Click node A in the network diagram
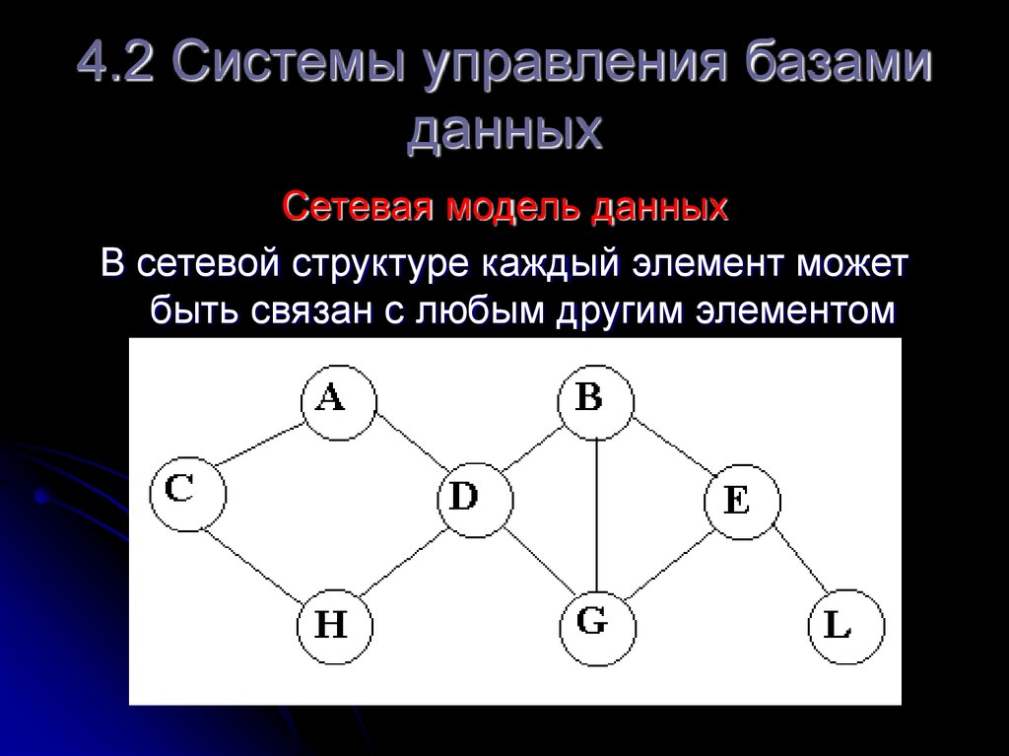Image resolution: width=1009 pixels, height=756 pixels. (338, 401)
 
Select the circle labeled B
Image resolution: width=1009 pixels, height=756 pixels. (596, 401)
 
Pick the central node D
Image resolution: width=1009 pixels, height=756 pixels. (475, 499)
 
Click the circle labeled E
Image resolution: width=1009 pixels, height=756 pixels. (742, 502)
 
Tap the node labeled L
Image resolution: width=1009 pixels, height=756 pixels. (845, 627)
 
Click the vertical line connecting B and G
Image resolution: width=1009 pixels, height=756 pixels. (597, 513)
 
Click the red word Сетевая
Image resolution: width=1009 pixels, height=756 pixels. (359, 208)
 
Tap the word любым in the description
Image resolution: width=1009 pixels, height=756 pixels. (462, 310)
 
